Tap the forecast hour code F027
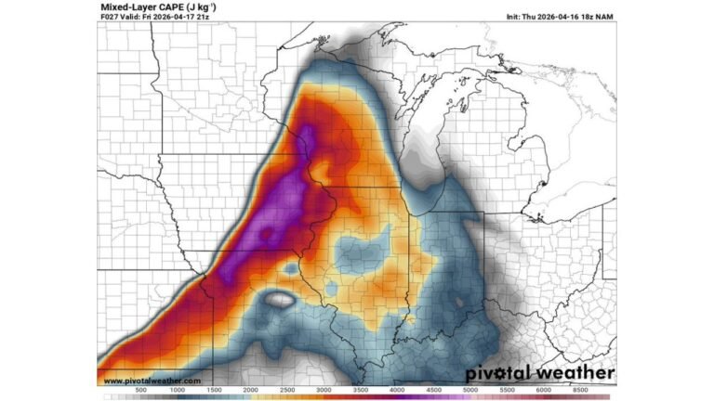110,17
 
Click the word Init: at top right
518,17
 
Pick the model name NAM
605,17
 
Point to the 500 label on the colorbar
142,391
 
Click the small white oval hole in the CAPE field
278,301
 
